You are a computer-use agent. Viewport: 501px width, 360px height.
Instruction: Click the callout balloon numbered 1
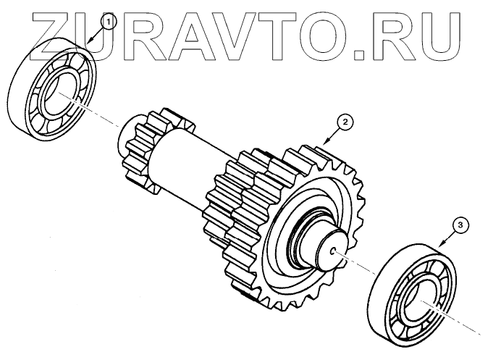tap(108, 22)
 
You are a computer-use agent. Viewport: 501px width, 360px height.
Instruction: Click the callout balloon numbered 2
tap(346, 122)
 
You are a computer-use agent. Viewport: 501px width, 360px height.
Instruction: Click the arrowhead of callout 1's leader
tap(86, 44)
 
